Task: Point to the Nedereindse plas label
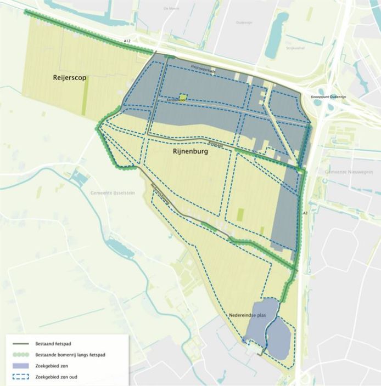[246, 317]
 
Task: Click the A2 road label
[304, 212]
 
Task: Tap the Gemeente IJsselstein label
[112, 192]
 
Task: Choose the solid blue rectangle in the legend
[20, 366]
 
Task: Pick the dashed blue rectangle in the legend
[20, 377]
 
